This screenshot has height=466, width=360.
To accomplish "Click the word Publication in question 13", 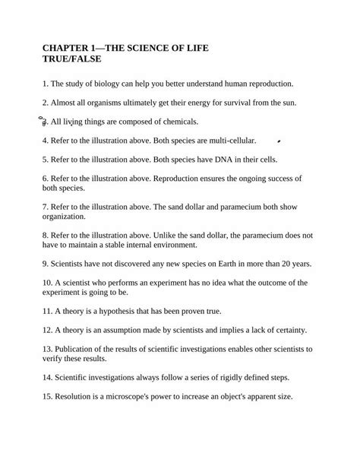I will point(74,349).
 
